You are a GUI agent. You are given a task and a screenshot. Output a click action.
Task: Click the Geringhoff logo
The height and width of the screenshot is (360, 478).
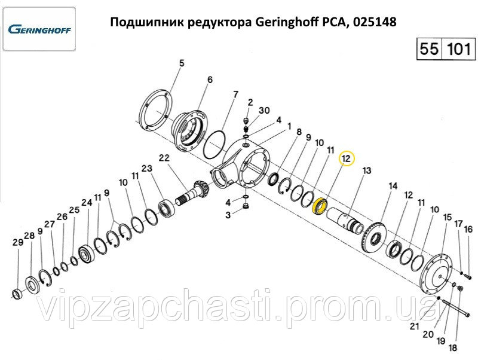(39, 29)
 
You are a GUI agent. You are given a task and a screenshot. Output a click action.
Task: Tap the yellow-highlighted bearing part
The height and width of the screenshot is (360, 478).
(320, 207)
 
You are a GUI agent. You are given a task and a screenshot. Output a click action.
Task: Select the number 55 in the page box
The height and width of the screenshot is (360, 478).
(430, 48)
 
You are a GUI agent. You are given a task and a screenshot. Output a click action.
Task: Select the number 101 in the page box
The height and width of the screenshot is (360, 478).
(458, 48)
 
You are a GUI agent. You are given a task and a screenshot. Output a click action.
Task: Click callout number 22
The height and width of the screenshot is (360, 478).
(164, 158)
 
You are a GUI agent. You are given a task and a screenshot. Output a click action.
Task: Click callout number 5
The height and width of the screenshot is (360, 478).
(182, 63)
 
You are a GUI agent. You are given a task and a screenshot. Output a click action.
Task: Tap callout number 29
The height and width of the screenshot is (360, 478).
(18, 242)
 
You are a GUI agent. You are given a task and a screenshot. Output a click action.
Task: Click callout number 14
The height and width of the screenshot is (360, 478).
(393, 186)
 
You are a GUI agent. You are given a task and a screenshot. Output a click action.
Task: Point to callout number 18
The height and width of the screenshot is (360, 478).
(453, 347)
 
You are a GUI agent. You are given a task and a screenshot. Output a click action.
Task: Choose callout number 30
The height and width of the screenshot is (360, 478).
(264, 110)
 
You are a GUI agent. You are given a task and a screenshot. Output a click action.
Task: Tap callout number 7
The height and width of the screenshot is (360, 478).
(235, 94)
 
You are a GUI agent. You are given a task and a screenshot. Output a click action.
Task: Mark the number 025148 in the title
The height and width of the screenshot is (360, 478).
(375, 22)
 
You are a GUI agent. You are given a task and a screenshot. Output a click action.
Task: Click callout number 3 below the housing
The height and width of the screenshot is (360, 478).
(228, 215)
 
